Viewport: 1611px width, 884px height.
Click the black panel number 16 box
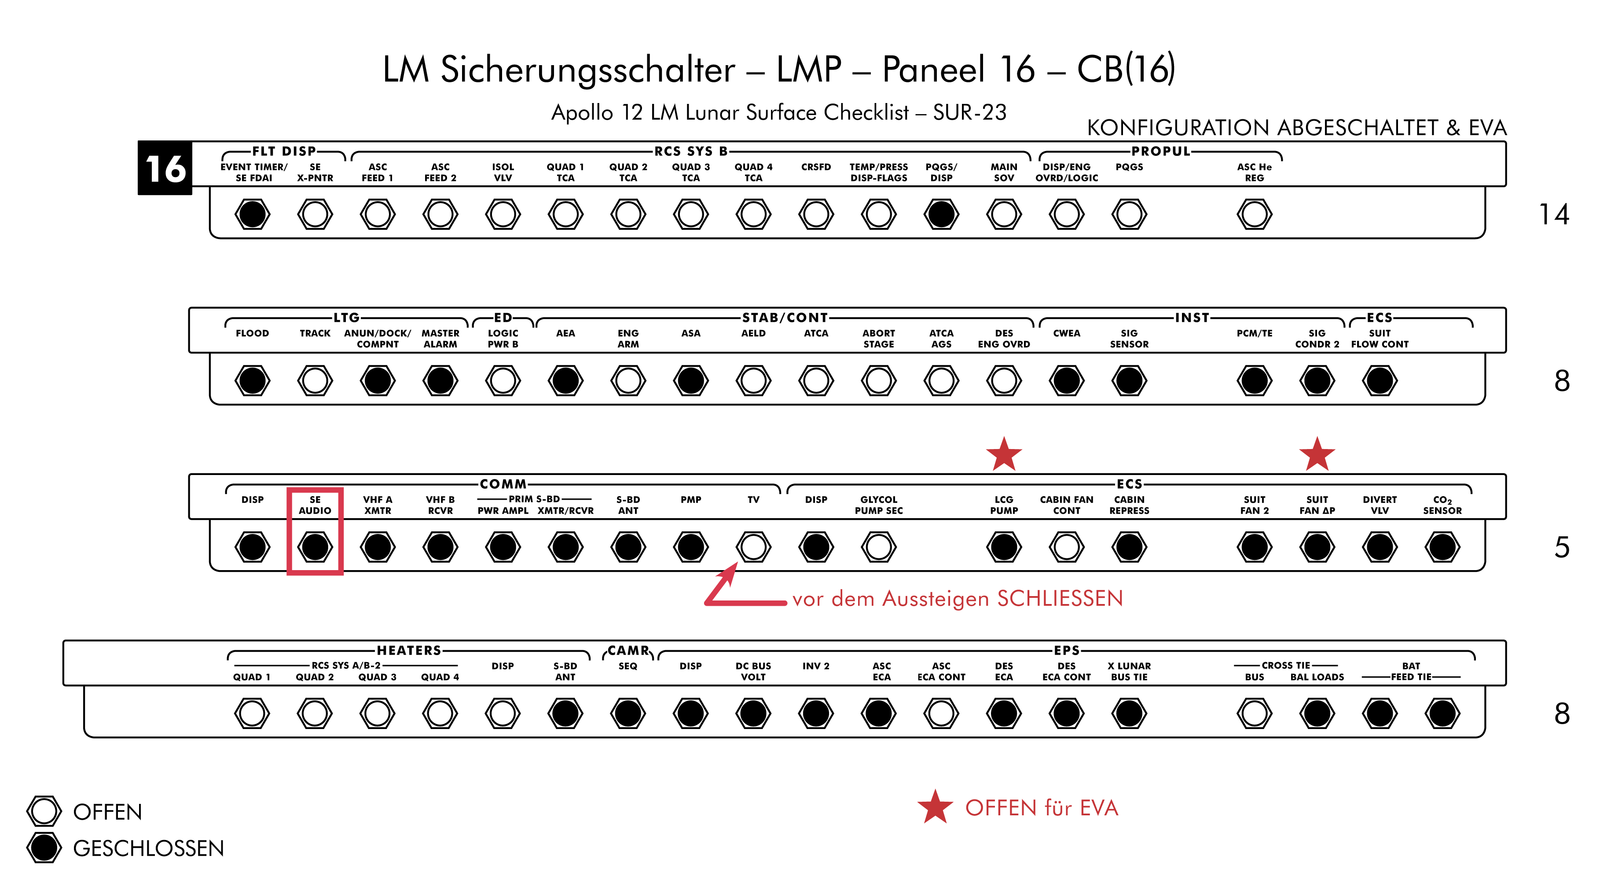coord(165,168)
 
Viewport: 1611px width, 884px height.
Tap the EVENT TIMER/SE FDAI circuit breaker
coord(253,214)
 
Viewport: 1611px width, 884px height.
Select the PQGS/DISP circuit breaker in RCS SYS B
coord(941,214)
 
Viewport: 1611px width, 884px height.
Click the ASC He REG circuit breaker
coord(1254,214)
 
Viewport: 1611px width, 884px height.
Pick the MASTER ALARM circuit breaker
coord(440,380)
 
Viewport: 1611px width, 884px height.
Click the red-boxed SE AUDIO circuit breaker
coord(315,546)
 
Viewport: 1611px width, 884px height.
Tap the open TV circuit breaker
coord(753,546)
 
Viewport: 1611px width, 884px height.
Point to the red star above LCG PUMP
coord(1004,454)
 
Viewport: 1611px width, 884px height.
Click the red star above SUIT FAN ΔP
coord(1317,454)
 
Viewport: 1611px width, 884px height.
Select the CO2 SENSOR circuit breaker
coord(1442,546)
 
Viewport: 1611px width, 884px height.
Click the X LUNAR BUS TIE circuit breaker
coord(1129,713)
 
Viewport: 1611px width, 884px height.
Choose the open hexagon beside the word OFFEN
coord(44,811)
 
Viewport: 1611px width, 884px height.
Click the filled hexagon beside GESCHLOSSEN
coord(44,848)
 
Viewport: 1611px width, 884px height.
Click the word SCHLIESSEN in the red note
coord(1060,599)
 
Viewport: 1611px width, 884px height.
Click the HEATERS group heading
coord(409,651)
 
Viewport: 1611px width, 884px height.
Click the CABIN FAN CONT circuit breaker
coord(1066,546)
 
